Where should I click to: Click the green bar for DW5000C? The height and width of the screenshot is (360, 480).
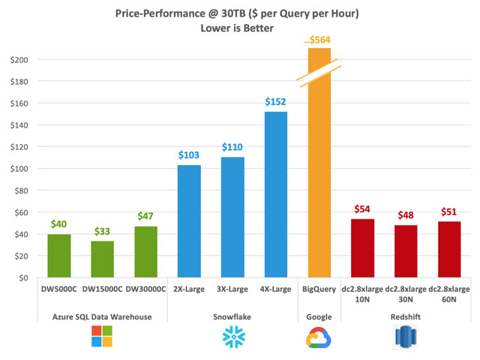click(x=60, y=256)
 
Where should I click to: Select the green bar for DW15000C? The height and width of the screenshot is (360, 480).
click(x=103, y=259)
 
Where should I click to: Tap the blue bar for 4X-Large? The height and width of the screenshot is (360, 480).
click(x=276, y=194)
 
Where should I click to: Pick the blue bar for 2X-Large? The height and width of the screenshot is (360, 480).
click(x=189, y=221)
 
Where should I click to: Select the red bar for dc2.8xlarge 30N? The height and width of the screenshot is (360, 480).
click(x=406, y=251)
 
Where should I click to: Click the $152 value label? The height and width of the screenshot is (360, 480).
click(x=276, y=101)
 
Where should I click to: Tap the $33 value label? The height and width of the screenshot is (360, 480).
click(x=103, y=230)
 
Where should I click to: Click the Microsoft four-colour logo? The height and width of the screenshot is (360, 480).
click(x=102, y=337)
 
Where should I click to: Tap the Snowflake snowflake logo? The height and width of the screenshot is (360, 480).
click(x=232, y=337)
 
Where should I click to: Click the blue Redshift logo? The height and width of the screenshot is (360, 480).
click(x=406, y=337)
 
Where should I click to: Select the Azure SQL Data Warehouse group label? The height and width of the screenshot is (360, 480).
click(x=103, y=316)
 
